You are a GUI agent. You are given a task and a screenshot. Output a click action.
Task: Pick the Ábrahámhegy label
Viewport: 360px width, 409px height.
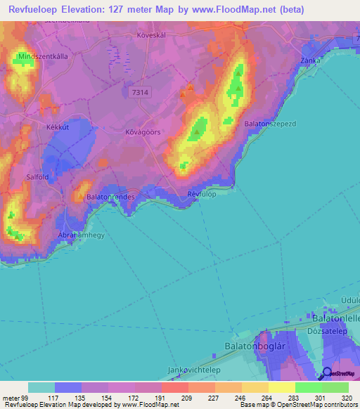(x=82, y=236)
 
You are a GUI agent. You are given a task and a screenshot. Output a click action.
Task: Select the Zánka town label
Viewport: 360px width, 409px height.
(x=311, y=60)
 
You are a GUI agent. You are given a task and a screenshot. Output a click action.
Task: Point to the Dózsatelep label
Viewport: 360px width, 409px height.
(x=324, y=328)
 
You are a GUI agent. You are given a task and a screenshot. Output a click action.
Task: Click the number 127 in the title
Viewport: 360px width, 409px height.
(x=129, y=10)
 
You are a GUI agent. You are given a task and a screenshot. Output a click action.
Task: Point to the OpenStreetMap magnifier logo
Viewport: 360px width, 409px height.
(x=328, y=373)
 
